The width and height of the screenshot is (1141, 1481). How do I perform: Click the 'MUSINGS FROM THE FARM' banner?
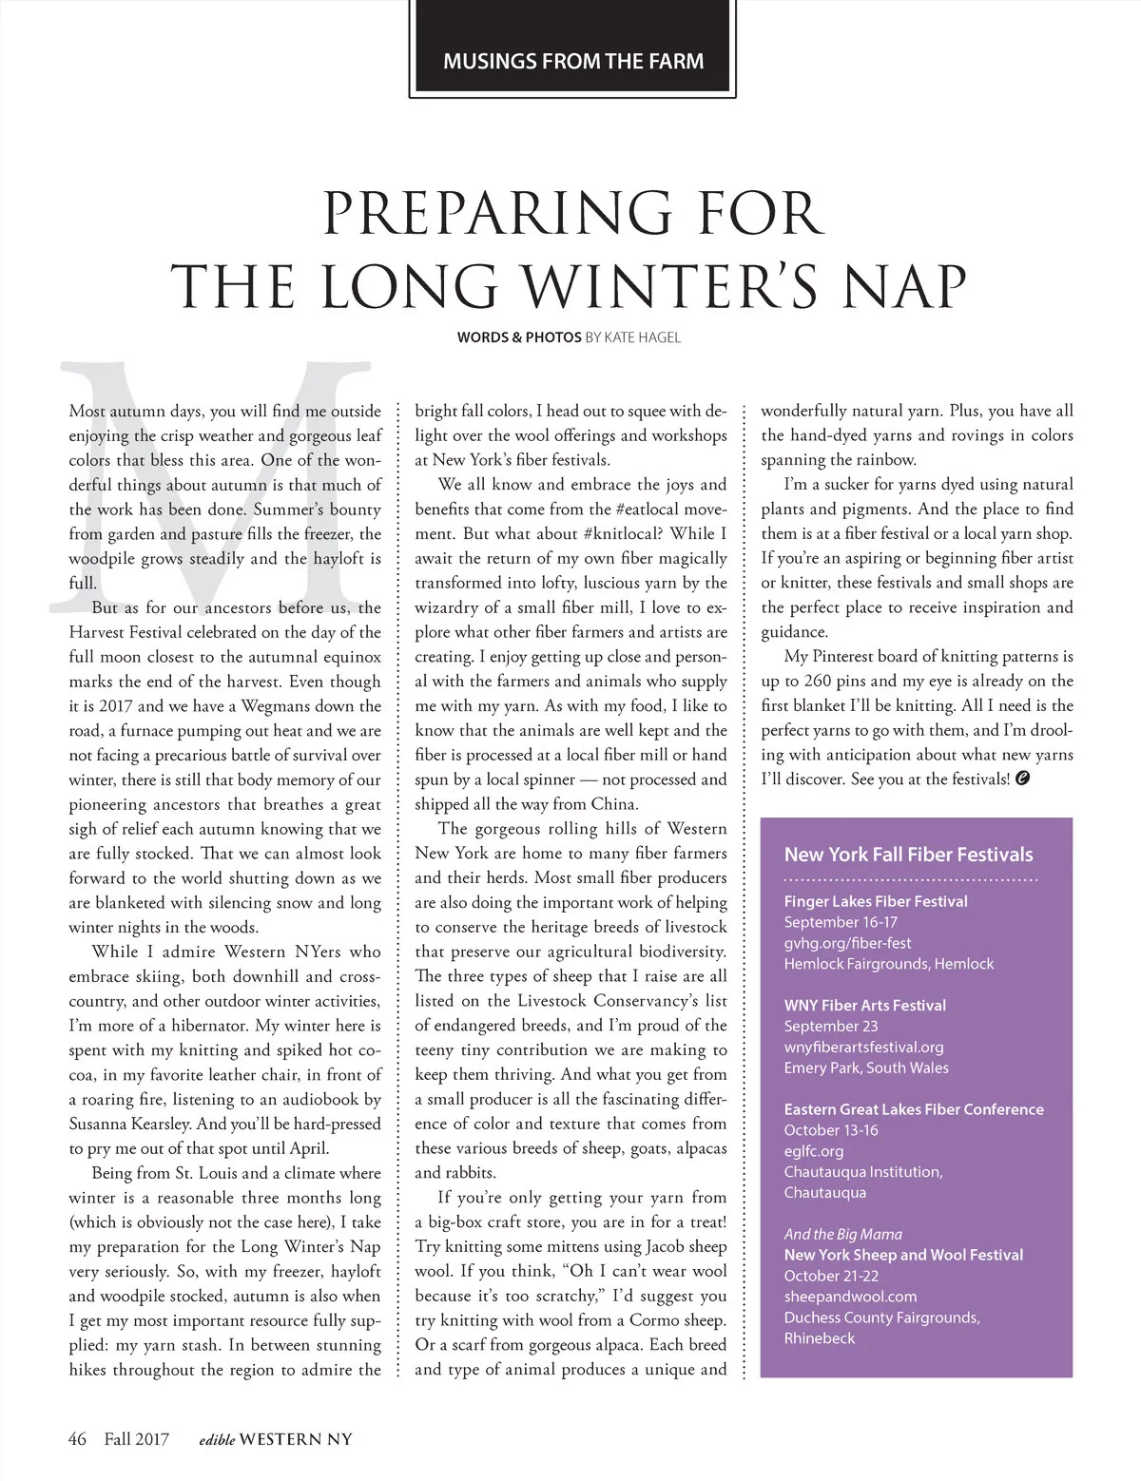click(573, 62)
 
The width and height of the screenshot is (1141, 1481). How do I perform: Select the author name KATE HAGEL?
click(643, 337)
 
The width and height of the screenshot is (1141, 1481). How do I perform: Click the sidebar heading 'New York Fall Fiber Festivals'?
click(908, 855)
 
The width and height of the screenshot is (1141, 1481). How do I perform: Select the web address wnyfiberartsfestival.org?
click(863, 1047)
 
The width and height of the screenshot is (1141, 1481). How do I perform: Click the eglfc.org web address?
click(814, 1151)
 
